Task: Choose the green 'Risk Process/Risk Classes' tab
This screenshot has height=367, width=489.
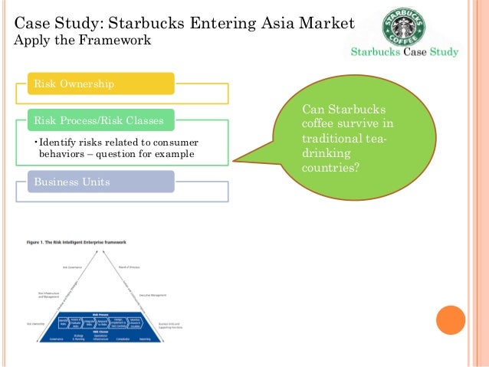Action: point(100,120)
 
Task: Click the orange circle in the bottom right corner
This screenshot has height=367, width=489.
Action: point(451,320)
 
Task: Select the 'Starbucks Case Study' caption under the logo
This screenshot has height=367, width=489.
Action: point(404,53)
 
